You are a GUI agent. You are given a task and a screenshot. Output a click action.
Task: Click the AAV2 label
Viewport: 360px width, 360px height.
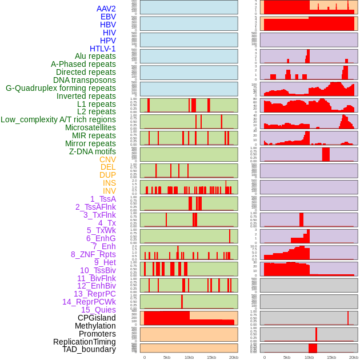pos(106,9)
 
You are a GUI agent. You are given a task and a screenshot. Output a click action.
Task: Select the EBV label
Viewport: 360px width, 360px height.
pos(107,17)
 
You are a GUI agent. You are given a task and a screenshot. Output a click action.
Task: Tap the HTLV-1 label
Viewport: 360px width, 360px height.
pos(102,49)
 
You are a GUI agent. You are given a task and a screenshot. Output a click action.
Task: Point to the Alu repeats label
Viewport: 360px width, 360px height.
pos(95,56)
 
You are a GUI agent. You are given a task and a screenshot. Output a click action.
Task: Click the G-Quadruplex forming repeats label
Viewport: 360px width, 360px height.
pos(61,88)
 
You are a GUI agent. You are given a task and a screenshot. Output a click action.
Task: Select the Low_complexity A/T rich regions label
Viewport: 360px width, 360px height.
pos(58,119)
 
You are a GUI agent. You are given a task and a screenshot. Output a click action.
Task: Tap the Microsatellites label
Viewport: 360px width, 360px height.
pos(90,127)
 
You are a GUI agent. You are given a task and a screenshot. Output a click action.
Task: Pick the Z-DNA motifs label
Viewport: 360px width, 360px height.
pos(92,151)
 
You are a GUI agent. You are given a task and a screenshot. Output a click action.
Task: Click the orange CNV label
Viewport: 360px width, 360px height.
pos(107,159)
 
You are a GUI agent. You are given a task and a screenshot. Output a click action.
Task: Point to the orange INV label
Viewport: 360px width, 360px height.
pos(109,191)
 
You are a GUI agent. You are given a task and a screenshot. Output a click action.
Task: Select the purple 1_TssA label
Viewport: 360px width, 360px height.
pos(103,199)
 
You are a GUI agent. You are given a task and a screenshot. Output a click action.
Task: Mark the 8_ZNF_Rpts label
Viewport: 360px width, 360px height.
pos(93,254)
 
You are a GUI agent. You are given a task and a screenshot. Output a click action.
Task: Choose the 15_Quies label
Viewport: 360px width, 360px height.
pos(98,310)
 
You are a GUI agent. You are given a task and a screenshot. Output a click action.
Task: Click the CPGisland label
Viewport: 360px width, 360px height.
pos(97,318)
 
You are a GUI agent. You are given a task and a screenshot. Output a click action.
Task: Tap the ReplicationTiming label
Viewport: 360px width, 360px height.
pos(84,342)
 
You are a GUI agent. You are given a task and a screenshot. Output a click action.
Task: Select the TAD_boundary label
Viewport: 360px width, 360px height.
pos(89,349)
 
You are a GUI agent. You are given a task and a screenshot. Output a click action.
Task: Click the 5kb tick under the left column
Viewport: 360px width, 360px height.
pos(167,357)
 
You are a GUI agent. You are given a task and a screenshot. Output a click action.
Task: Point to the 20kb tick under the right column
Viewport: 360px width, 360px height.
pos(354,357)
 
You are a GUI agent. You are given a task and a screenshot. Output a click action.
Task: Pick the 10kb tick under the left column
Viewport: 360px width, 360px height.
pos(189,357)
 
